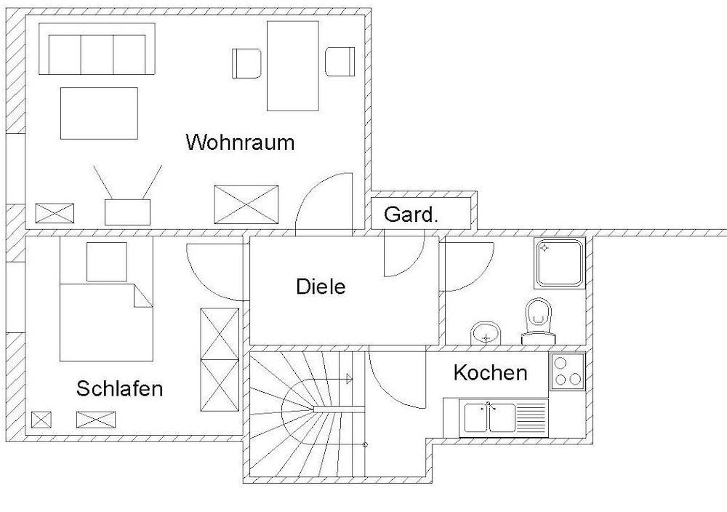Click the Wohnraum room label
click(x=240, y=142)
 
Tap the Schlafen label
click(x=119, y=388)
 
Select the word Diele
click(x=321, y=286)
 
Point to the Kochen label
click(x=490, y=373)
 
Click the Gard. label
click(x=411, y=215)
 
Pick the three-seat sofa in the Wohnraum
click(x=97, y=49)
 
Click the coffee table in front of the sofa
click(x=99, y=113)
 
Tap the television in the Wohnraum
click(x=128, y=211)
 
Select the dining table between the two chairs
click(x=293, y=65)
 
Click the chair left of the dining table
click(x=246, y=63)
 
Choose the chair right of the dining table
click(x=340, y=62)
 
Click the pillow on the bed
click(x=107, y=262)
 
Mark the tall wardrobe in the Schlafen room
click(x=220, y=359)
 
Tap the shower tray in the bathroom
click(x=560, y=263)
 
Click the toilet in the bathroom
click(x=538, y=318)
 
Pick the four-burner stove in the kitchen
click(x=568, y=371)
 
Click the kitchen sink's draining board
click(x=530, y=417)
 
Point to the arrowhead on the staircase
click(x=350, y=378)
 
